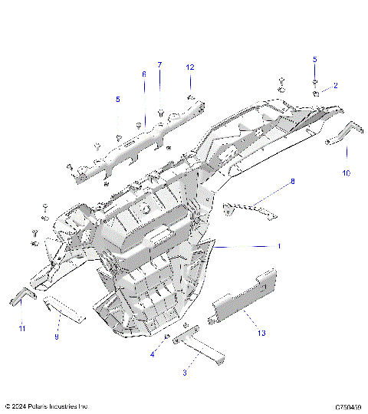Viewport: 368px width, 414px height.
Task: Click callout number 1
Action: click(x=279, y=246)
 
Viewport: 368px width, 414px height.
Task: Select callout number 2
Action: click(x=334, y=85)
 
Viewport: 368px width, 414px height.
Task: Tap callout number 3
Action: click(x=183, y=372)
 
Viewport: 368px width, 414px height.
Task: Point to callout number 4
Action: click(x=152, y=354)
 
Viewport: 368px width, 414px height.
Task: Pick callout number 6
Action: click(x=143, y=74)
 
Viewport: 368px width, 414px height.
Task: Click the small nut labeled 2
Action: click(x=315, y=92)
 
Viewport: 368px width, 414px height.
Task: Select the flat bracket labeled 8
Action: click(x=249, y=208)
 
